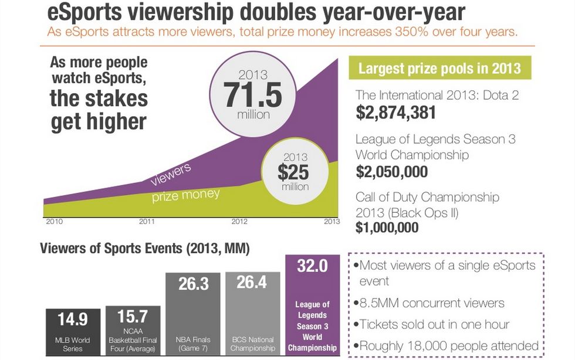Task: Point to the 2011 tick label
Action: (x=147, y=222)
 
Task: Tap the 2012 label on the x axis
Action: (x=239, y=222)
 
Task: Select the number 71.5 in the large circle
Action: (x=252, y=95)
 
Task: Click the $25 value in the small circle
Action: (x=293, y=172)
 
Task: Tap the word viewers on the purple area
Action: (x=170, y=174)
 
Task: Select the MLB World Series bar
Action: (x=73, y=332)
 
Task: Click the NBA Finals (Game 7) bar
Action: (x=193, y=314)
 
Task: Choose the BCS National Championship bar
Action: (x=252, y=314)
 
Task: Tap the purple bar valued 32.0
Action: (x=312, y=305)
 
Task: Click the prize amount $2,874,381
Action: (x=395, y=113)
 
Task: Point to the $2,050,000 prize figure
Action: (x=391, y=171)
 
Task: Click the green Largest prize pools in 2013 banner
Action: (x=439, y=68)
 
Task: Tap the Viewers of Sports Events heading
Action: (x=145, y=249)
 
